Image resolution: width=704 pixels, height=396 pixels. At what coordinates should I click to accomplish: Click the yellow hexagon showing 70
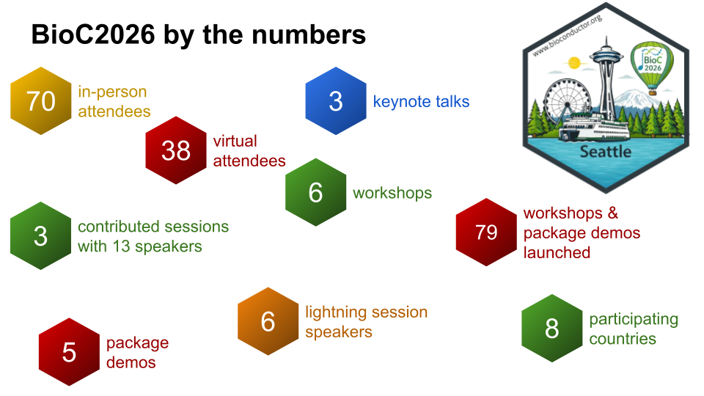point(41,100)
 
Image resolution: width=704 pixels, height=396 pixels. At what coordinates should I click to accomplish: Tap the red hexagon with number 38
point(176,150)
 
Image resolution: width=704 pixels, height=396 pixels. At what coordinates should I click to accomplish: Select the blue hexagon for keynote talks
point(336,100)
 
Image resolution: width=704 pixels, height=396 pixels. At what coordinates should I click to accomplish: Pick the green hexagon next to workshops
point(315,192)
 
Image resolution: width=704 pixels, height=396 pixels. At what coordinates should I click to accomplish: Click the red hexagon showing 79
point(486,232)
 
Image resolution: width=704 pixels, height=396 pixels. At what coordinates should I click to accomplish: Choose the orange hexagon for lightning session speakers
point(268,321)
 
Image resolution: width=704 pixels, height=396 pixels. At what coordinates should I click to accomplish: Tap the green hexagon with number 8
point(551,329)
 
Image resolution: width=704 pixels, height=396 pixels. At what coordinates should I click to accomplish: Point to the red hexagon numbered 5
point(69,352)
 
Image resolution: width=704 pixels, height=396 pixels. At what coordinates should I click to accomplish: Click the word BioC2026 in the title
point(93,34)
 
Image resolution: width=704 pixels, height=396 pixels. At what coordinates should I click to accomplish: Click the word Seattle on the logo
point(605,152)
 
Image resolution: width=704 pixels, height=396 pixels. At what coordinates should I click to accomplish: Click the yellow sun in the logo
point(574,62)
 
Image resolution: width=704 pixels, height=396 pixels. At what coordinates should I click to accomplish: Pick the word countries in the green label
point(623,339)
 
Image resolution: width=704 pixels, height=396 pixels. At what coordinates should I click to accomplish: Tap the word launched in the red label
point(557,252)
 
